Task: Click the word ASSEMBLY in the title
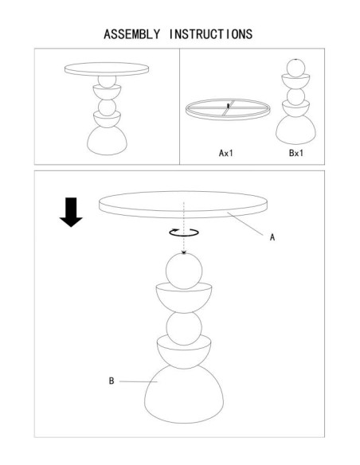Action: tap(131, 34)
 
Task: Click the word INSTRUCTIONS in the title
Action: tap(211, 34)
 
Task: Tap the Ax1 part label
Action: tap(226, 153)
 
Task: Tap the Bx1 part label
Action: tap(296, 153)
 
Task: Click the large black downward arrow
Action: tap(71, 212)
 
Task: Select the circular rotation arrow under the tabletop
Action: tap(184, 232)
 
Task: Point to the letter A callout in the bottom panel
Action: tap(272, 237)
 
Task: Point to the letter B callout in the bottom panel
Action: tap(112, 381)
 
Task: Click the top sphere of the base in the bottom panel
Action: tap(184, 271)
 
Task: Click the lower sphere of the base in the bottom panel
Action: tap(184, 328)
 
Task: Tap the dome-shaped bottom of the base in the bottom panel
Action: tap(184, 396)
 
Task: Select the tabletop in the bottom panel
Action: tap(183, 205)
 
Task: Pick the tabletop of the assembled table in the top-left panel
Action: tap(107, 69)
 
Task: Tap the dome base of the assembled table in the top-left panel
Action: tap(107, 141)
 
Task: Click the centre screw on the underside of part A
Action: tap(228, 105)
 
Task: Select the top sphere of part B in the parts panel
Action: tap(295, 68)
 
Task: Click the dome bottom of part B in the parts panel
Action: tap(295, 131)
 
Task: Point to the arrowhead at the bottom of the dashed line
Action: tap(184, 252)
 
